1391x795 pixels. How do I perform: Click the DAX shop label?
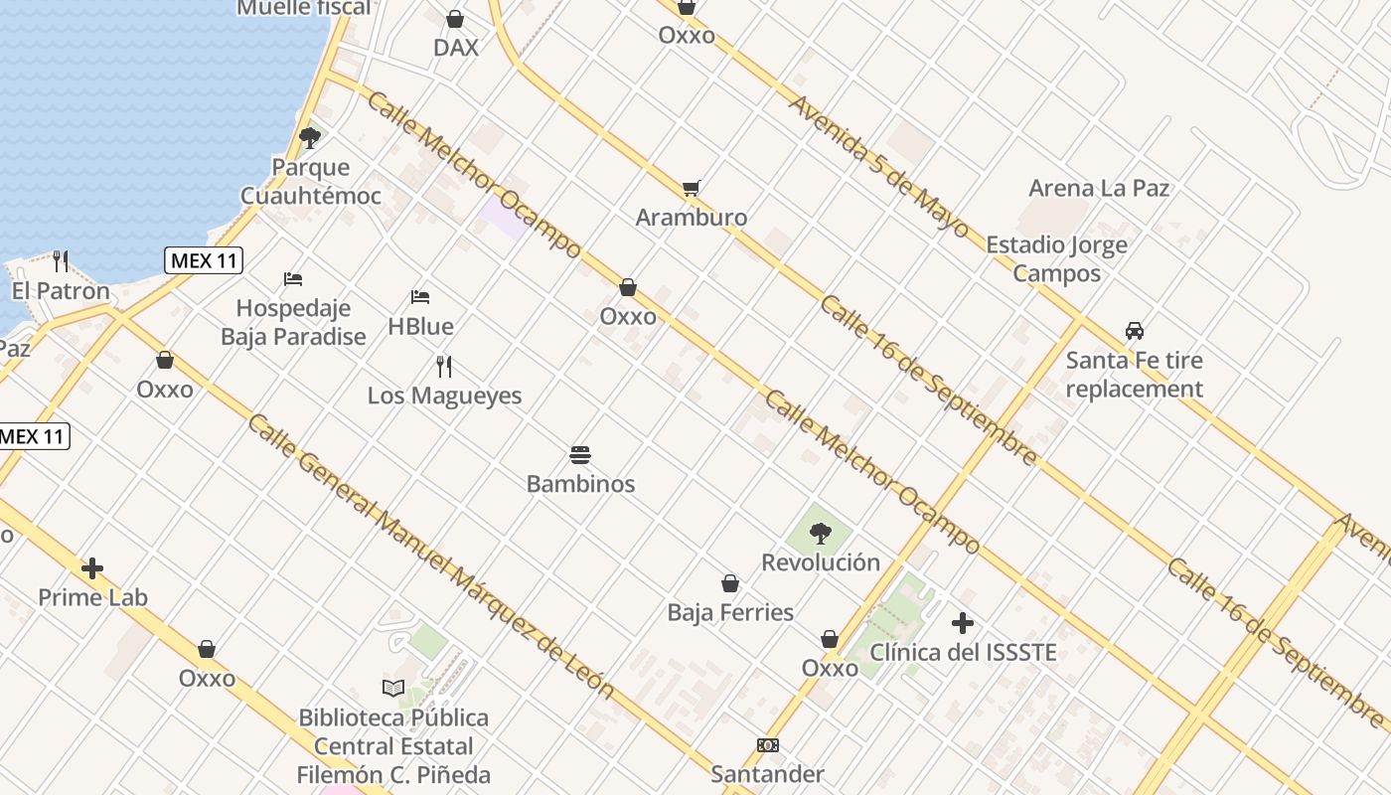(456, 47)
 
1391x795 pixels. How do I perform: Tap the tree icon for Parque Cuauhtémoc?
(310, 137)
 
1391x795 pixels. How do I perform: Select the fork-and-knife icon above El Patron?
(61, 261)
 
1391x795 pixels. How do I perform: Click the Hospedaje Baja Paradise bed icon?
(293, 278)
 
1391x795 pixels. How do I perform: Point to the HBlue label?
(420, 326)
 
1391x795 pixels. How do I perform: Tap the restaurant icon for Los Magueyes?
(444, 366)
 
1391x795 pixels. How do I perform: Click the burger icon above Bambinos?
(580, 455)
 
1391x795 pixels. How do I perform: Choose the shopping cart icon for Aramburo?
(692, 188)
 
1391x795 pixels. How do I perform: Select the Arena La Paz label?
(1099, 188)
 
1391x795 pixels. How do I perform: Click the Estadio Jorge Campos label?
(1056, 258)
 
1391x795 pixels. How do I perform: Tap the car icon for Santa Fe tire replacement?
(1134, 330)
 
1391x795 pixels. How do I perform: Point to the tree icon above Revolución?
(820, 534)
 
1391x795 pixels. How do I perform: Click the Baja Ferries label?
(730, 612)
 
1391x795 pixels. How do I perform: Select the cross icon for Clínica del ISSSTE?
(962, 623)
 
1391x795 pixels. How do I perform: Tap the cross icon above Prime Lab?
(92, 568)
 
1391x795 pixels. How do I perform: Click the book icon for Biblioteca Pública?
(393, 688)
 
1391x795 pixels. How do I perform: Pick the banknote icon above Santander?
(767, 745)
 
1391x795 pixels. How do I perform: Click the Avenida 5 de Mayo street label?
(878, 166)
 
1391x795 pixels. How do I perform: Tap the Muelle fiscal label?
(303, 8)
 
